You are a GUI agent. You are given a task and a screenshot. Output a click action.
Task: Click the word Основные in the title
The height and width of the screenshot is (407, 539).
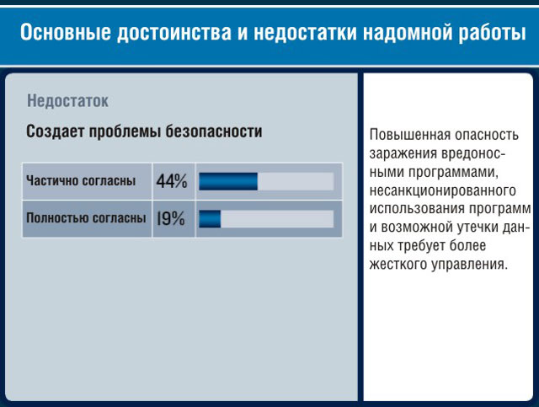[x=66, y=32]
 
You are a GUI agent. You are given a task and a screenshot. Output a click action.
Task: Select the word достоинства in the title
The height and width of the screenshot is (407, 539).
[x=174, y=33]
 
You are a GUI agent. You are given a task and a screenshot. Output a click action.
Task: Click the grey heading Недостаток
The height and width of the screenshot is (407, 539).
[x=67, y=101]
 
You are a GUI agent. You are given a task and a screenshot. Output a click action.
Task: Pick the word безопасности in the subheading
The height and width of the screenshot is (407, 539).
[x=214, y=131]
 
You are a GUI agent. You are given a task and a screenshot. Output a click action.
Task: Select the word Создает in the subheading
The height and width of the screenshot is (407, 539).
[x=55, y=131]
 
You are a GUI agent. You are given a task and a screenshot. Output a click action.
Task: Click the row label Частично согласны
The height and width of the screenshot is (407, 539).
[x=81, y=180]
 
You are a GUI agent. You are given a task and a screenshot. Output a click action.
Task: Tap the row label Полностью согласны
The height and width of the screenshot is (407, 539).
[x=86, y=217]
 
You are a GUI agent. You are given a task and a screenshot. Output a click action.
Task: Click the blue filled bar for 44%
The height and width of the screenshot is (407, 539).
[x=228, y=181]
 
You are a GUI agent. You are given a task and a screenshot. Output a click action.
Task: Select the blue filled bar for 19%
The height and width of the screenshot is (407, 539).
[x=210, y=219]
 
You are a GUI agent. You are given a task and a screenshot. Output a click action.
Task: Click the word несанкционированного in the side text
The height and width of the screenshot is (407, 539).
[x=443, y=190]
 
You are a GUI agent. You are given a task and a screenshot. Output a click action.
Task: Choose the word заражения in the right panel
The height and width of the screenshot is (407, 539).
[x=403, y=153]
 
